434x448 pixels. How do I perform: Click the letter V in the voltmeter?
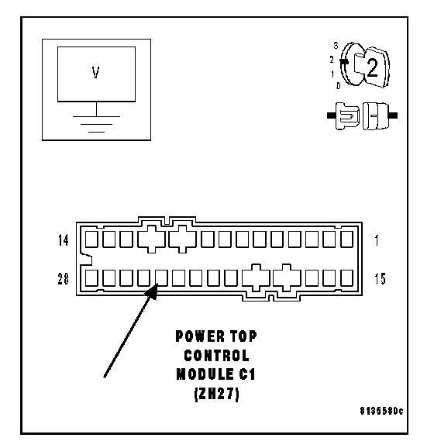point(96,73)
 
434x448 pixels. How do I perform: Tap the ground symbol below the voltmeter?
point(96,124)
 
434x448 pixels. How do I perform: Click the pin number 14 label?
point(63,240)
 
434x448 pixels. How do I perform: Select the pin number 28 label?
point(63,279)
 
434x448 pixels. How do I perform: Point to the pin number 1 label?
point(377,240)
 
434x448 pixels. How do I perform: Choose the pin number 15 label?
point(380,279)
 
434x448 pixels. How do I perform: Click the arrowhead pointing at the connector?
point(152,291)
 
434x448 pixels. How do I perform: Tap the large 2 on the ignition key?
point(372,67)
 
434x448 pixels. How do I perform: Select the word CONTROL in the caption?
point(216,356)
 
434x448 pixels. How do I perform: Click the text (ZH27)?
point(216,394)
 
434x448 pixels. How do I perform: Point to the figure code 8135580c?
point(381,411)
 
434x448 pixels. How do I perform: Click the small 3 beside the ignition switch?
point(336,46)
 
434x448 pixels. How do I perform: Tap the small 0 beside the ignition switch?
point(338,86)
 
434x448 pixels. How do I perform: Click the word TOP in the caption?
point(243,336)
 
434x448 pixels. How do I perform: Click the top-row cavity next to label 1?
point(347,240)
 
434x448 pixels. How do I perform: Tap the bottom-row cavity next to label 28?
point(91,277)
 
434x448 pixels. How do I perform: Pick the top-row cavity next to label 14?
point(91,240)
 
